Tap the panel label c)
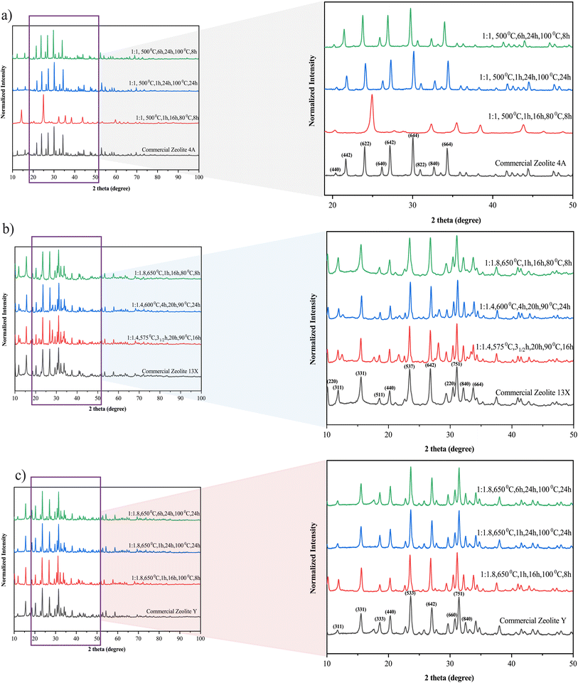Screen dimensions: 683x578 click(6, 470)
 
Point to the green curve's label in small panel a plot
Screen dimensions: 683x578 click(164, 51)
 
